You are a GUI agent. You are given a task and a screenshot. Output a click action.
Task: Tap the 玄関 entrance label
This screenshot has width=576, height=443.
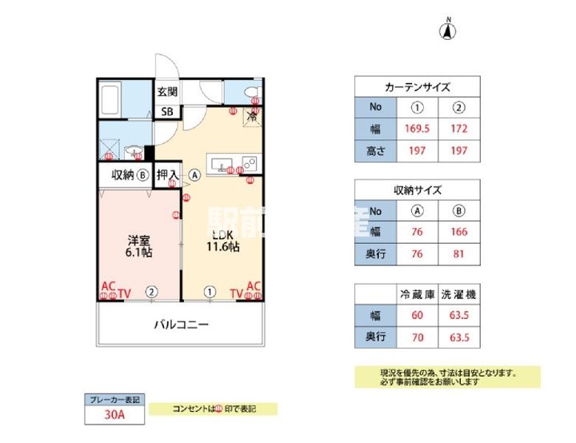click(166, 92)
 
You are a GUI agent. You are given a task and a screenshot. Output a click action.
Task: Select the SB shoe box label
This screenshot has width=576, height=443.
click(166, 112)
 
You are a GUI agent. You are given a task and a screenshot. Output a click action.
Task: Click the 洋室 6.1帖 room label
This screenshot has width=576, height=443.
click(138, 245)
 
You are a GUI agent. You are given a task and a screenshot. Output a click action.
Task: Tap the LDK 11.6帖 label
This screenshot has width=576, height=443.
click(222, 241)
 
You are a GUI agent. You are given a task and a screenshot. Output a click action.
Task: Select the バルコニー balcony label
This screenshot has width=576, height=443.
click(181, 325)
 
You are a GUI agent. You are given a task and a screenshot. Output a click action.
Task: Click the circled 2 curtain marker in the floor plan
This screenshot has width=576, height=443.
click(150, 293)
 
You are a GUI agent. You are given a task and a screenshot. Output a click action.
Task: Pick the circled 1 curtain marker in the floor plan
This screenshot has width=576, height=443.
click(210, 293)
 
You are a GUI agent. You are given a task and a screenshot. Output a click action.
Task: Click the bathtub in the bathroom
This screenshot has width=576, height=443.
click(111, 102)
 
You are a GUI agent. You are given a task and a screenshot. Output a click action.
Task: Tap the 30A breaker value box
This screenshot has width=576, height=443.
click(114, 414)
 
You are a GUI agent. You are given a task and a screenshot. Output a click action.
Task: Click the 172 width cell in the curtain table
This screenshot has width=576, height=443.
click(458, 128)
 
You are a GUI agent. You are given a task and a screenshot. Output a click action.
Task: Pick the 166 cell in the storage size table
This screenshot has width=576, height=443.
click(458, 233)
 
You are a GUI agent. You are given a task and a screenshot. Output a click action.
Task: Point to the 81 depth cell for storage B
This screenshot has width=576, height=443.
click(458, 254)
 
